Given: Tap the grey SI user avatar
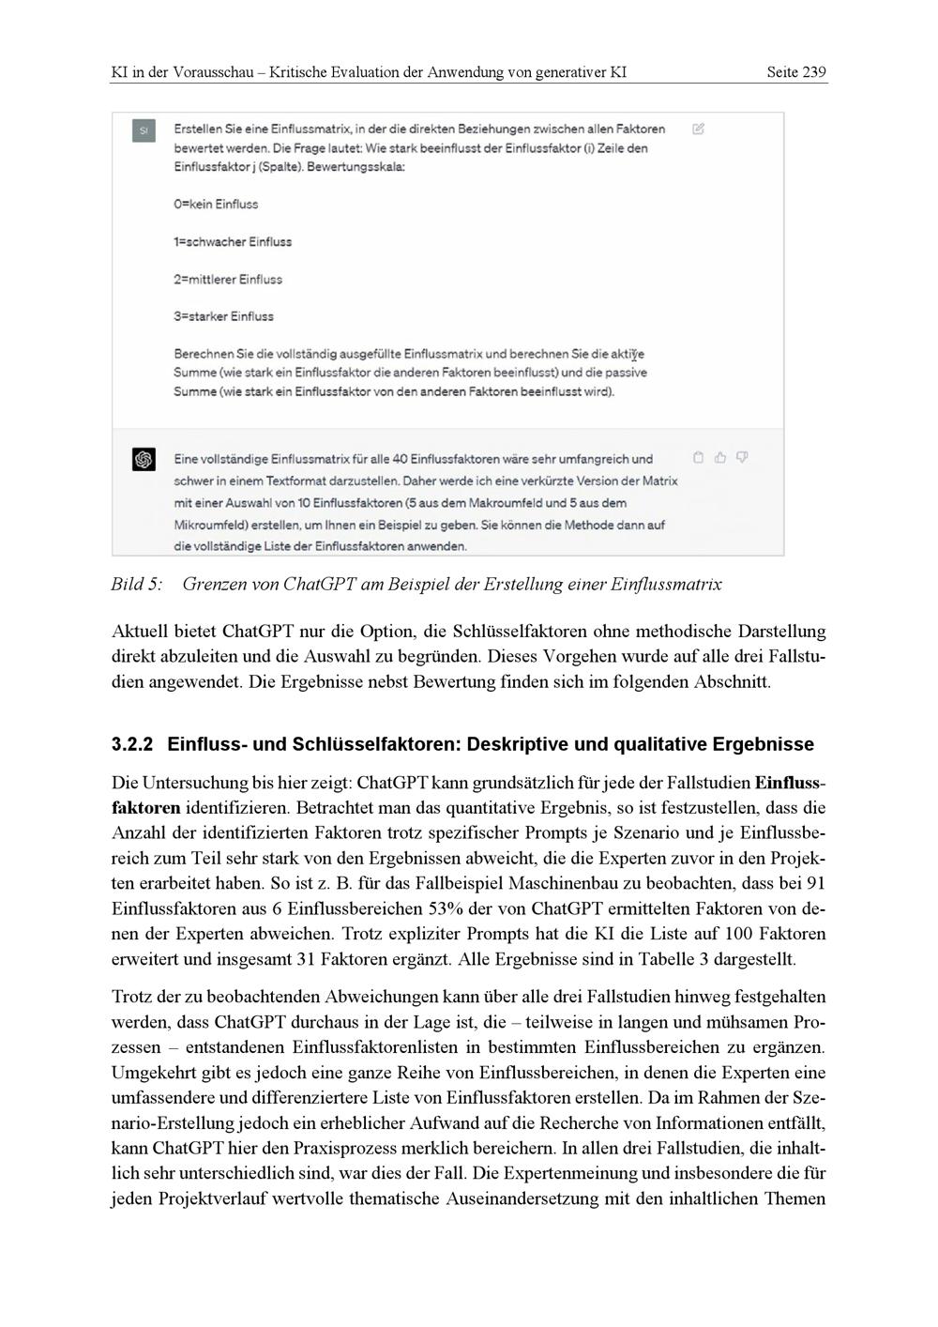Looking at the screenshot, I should click(x=144, y=131).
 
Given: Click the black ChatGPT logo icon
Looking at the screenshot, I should click(x=144, y=460).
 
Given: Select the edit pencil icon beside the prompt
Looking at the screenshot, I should click(x=698, y=129).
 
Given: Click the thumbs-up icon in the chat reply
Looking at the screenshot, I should click(x=720, y=458).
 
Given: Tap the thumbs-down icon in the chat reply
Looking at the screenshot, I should click(x=742, y=458).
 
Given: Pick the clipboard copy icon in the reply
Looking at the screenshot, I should click(x=698, y=458).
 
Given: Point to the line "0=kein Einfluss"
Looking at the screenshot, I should click(x=216, y=205).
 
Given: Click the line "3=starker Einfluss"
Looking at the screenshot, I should click(x=223, y=317).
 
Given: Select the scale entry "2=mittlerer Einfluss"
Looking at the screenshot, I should click(x=227, y=280).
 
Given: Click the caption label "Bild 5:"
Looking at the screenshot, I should click(x=136, y=585).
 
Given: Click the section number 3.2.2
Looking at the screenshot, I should click(x=131, y=745).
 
